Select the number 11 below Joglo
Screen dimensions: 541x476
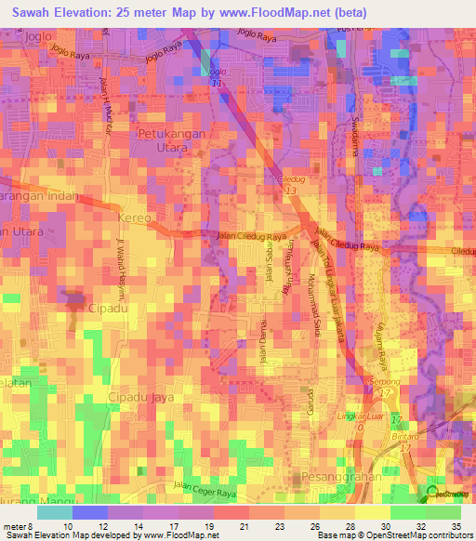pos(216,83)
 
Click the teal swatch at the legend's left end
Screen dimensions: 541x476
pos(55,512)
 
